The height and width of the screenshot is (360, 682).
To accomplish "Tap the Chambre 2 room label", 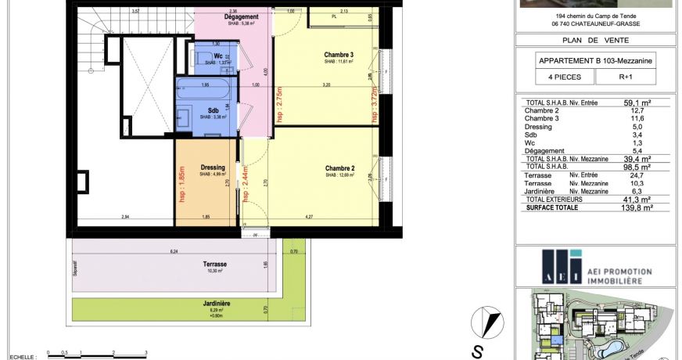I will coord(339,168).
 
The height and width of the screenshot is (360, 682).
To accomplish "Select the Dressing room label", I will coord(213,167).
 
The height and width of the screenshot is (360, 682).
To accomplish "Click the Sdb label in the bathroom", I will coord(213,110).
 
